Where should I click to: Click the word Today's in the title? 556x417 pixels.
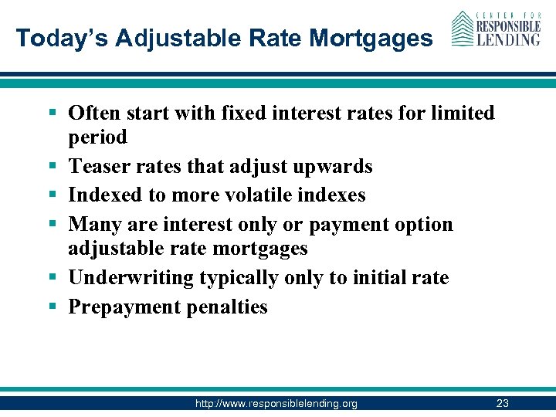(55, 38)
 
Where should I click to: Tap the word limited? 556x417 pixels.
(455, 113)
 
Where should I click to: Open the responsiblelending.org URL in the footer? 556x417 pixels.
(276, 404)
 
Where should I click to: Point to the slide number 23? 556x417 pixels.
(503, 403)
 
